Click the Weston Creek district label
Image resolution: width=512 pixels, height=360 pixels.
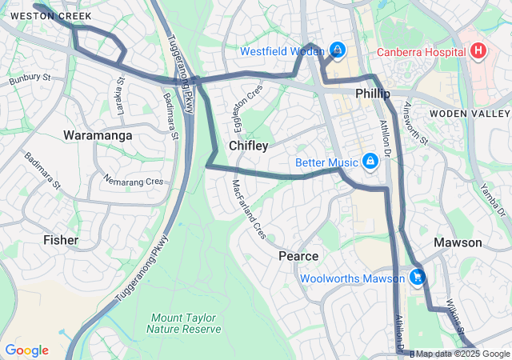pyautogui.click(x=51, y=16)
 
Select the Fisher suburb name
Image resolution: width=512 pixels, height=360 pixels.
pyautogui.click(x=61, y=239)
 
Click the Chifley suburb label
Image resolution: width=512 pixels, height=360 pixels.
pyautogui.click(x=248, y=146)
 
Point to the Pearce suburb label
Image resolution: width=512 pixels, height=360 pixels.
pyautogui.click(x=298, y=256)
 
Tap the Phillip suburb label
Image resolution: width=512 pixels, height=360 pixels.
pyautogui.click(x=373, y=94)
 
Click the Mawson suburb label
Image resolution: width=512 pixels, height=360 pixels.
pyautogui.click(x=458, y=242)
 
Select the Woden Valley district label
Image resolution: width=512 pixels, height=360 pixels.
pyautogui.click(x=469, y=114)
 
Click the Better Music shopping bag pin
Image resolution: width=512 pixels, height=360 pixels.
pyautogui.click(x=370, y=162)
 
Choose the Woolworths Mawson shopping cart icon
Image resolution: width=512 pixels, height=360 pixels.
pyautogui.click(x=417, y=278)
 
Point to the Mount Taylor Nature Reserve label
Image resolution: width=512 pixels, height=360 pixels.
pyautogui.click(x=184, y=322)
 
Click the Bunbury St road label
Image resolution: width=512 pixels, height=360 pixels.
pyautogui.click(x=30, y=79)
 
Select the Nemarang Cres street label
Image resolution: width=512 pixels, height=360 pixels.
pyautogui.click(x=134, y=182)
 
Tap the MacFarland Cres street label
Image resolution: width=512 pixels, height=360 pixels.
pyautogui.click(x=249, y=210)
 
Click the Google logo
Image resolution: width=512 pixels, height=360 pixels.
pyautogui.click(x=26, y=350)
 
